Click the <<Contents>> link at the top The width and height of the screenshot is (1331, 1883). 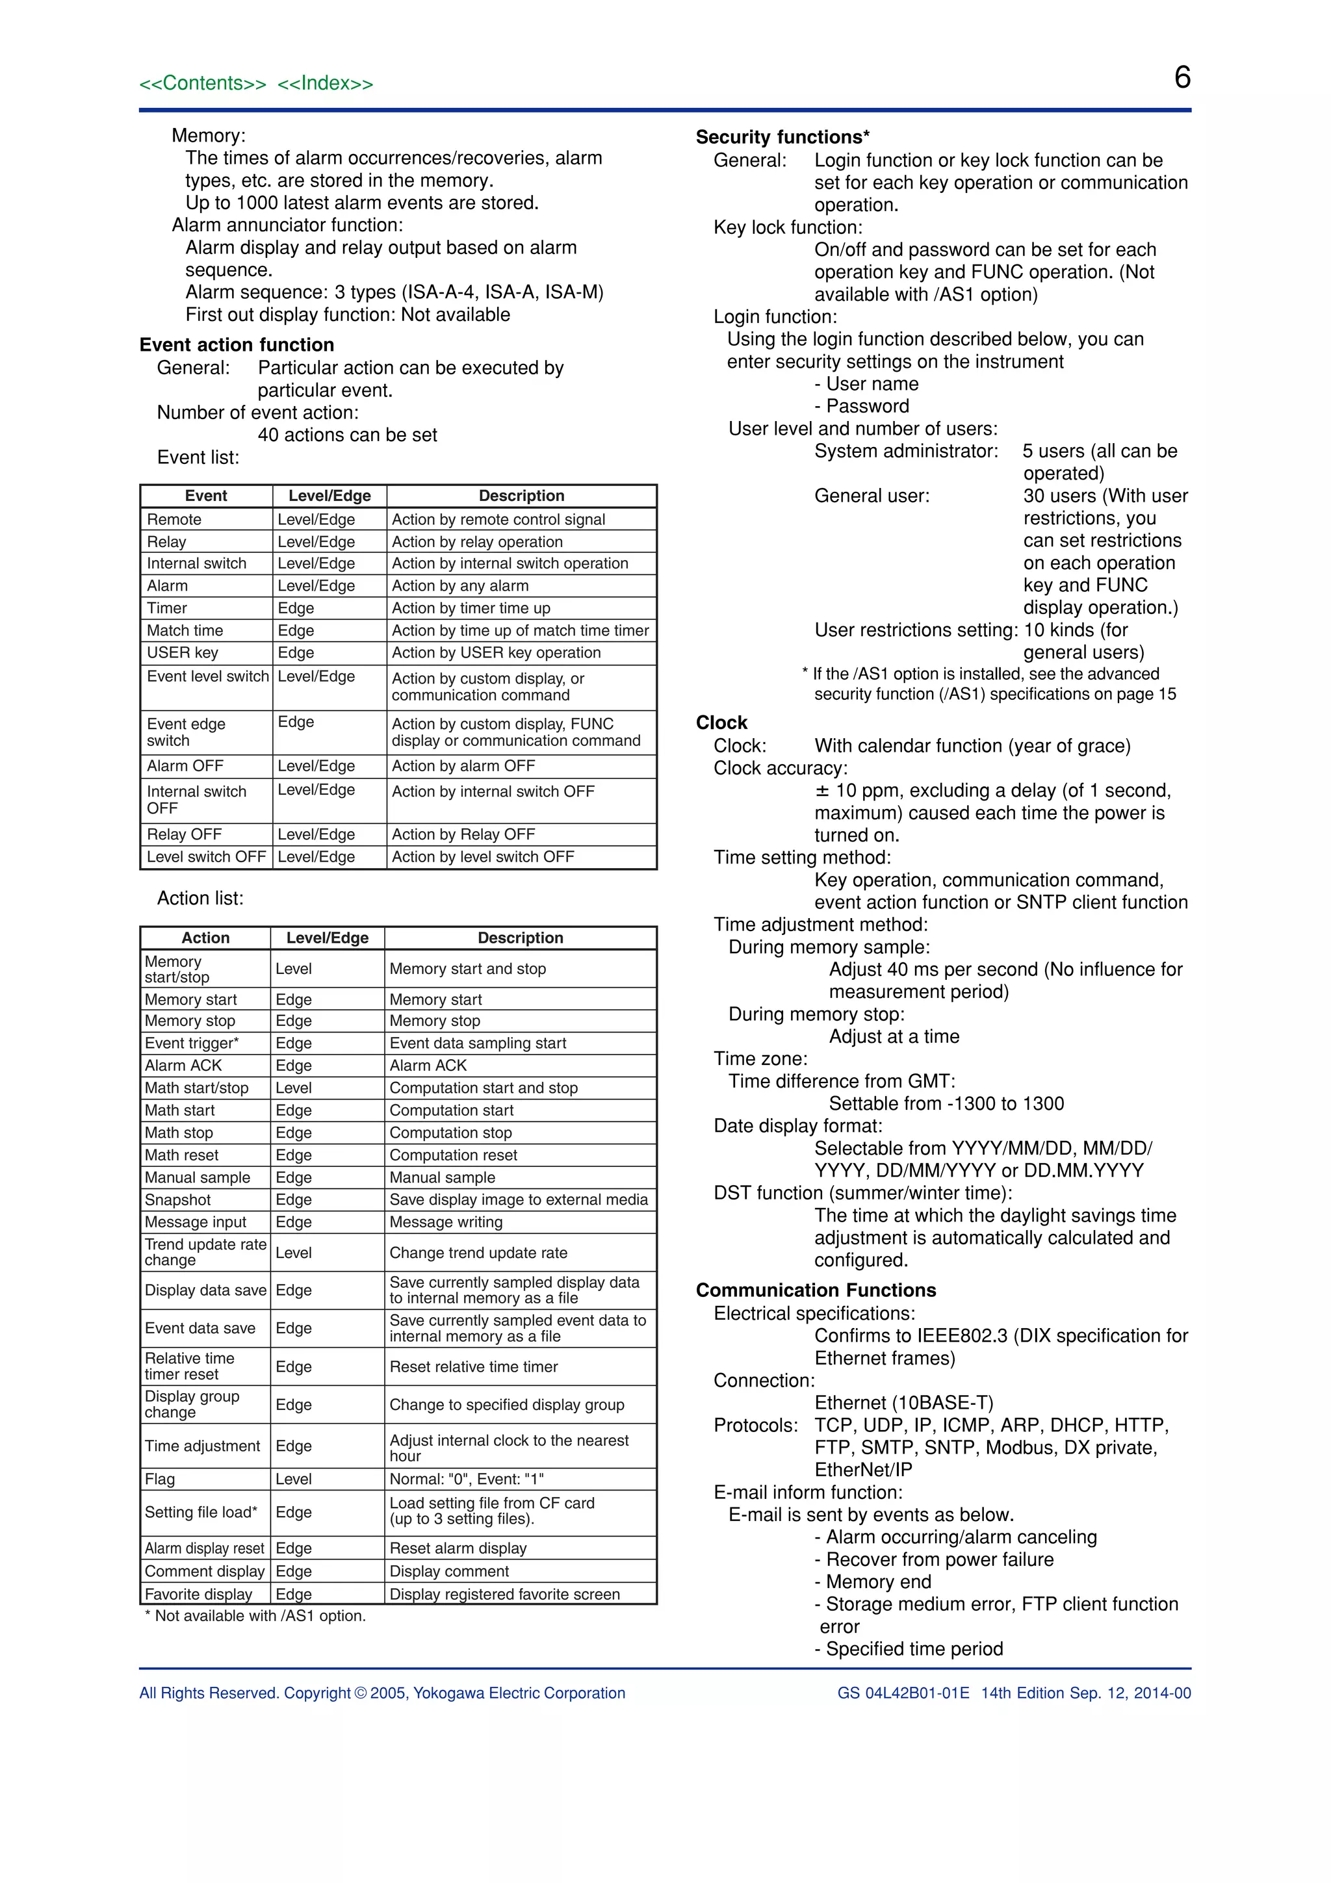[x=203, y=84]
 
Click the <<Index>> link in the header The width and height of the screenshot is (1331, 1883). [x=325, y=84]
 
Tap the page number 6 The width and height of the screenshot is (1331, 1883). [x=1182, y=78]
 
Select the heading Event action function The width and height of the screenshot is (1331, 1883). [x=237, y=344]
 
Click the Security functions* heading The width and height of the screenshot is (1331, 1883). [x=782, y=137]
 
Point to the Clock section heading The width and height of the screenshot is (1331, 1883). [x=721, y=723]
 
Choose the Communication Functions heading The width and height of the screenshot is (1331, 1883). [x=816, y=1290]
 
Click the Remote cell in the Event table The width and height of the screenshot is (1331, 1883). [x=174, y=519]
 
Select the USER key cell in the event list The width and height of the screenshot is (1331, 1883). [x=182, y=653]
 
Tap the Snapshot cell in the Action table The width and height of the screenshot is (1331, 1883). [x=178, y=1200]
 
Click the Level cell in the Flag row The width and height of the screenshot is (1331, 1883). [x=294, y=1479]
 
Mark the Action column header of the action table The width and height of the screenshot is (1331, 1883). [x=206, y=938]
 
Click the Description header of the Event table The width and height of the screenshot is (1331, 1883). [x=522, y=495]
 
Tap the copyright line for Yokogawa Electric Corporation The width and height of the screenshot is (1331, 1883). [x=382, y=1693]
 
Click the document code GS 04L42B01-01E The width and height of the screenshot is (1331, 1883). [x=903, y=1693]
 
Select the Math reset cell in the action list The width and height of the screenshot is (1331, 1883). [x=181, y=1155]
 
